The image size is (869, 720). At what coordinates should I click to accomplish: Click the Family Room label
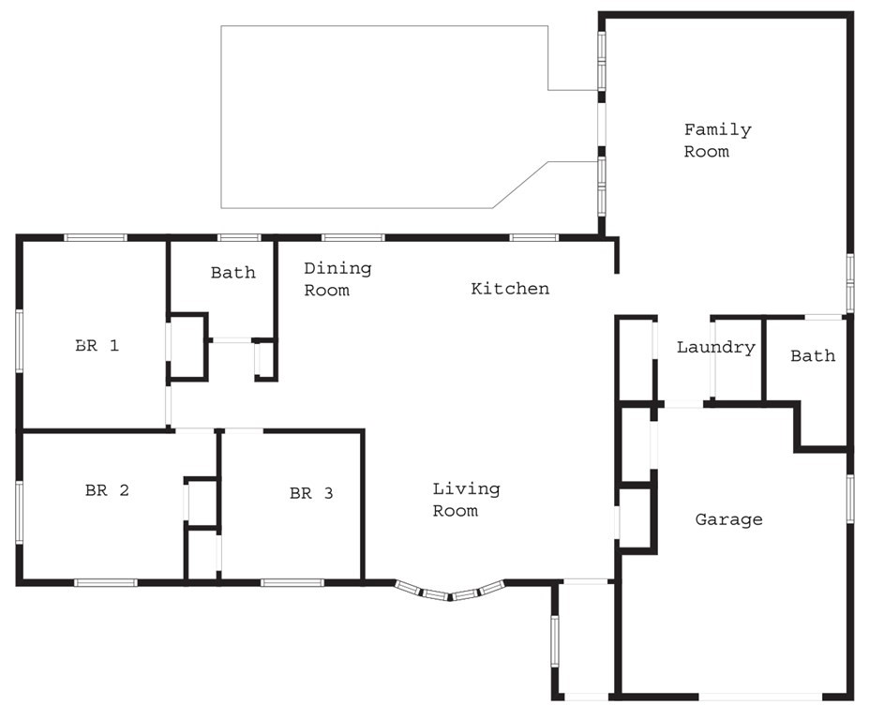pos(717,141)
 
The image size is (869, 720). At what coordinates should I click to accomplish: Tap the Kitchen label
pos(510,289)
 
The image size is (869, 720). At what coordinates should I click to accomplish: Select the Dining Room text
pos(337,279)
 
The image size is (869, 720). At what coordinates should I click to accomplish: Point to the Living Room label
pos(466,500)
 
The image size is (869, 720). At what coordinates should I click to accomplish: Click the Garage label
pos(728,519)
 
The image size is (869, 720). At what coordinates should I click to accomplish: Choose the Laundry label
pos(715,348)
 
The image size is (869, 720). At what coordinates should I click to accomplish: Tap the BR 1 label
pos(97,345)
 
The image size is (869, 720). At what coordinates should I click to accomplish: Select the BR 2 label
pos(107,489)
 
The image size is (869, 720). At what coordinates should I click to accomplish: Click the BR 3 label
pos(311,493)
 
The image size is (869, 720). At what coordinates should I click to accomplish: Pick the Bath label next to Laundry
pos(813,356)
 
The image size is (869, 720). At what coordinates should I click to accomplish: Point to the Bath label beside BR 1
pos(232,273)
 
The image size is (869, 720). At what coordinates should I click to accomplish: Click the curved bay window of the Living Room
pos(450,592)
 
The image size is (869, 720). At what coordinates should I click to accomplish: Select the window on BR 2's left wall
pos(19,511)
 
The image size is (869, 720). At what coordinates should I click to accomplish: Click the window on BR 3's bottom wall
pos(292,582)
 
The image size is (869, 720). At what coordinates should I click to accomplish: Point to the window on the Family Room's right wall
pos(849,281)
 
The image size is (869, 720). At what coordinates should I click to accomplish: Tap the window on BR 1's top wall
pos(96,237)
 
